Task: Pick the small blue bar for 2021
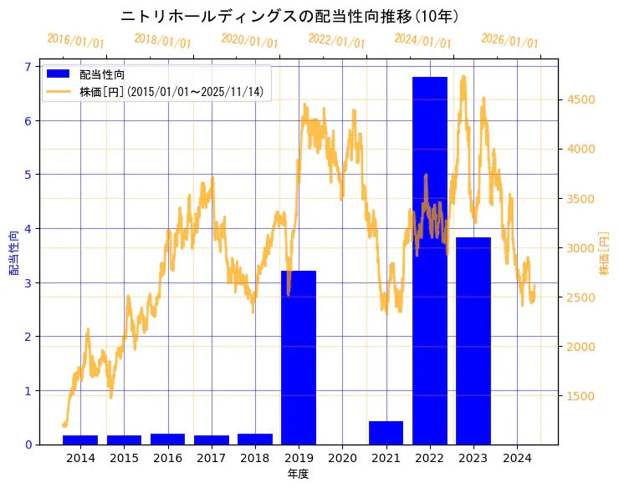coord(386,433)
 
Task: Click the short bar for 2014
coord(80,440)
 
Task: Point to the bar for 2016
coord(167,439)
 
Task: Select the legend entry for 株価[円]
coord(171,92)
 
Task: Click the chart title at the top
coord(289,16)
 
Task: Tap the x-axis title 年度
coord(299,474)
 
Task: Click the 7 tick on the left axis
coord(28,67)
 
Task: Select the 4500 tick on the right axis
coord(580,99)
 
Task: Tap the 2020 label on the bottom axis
coord(342,458)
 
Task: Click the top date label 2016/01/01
coord(76,41)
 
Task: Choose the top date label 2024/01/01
coord(423,41)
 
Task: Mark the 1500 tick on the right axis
coord(580,396)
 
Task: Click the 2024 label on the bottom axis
coord(517,458)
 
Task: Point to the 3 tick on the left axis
coord(28,282)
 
